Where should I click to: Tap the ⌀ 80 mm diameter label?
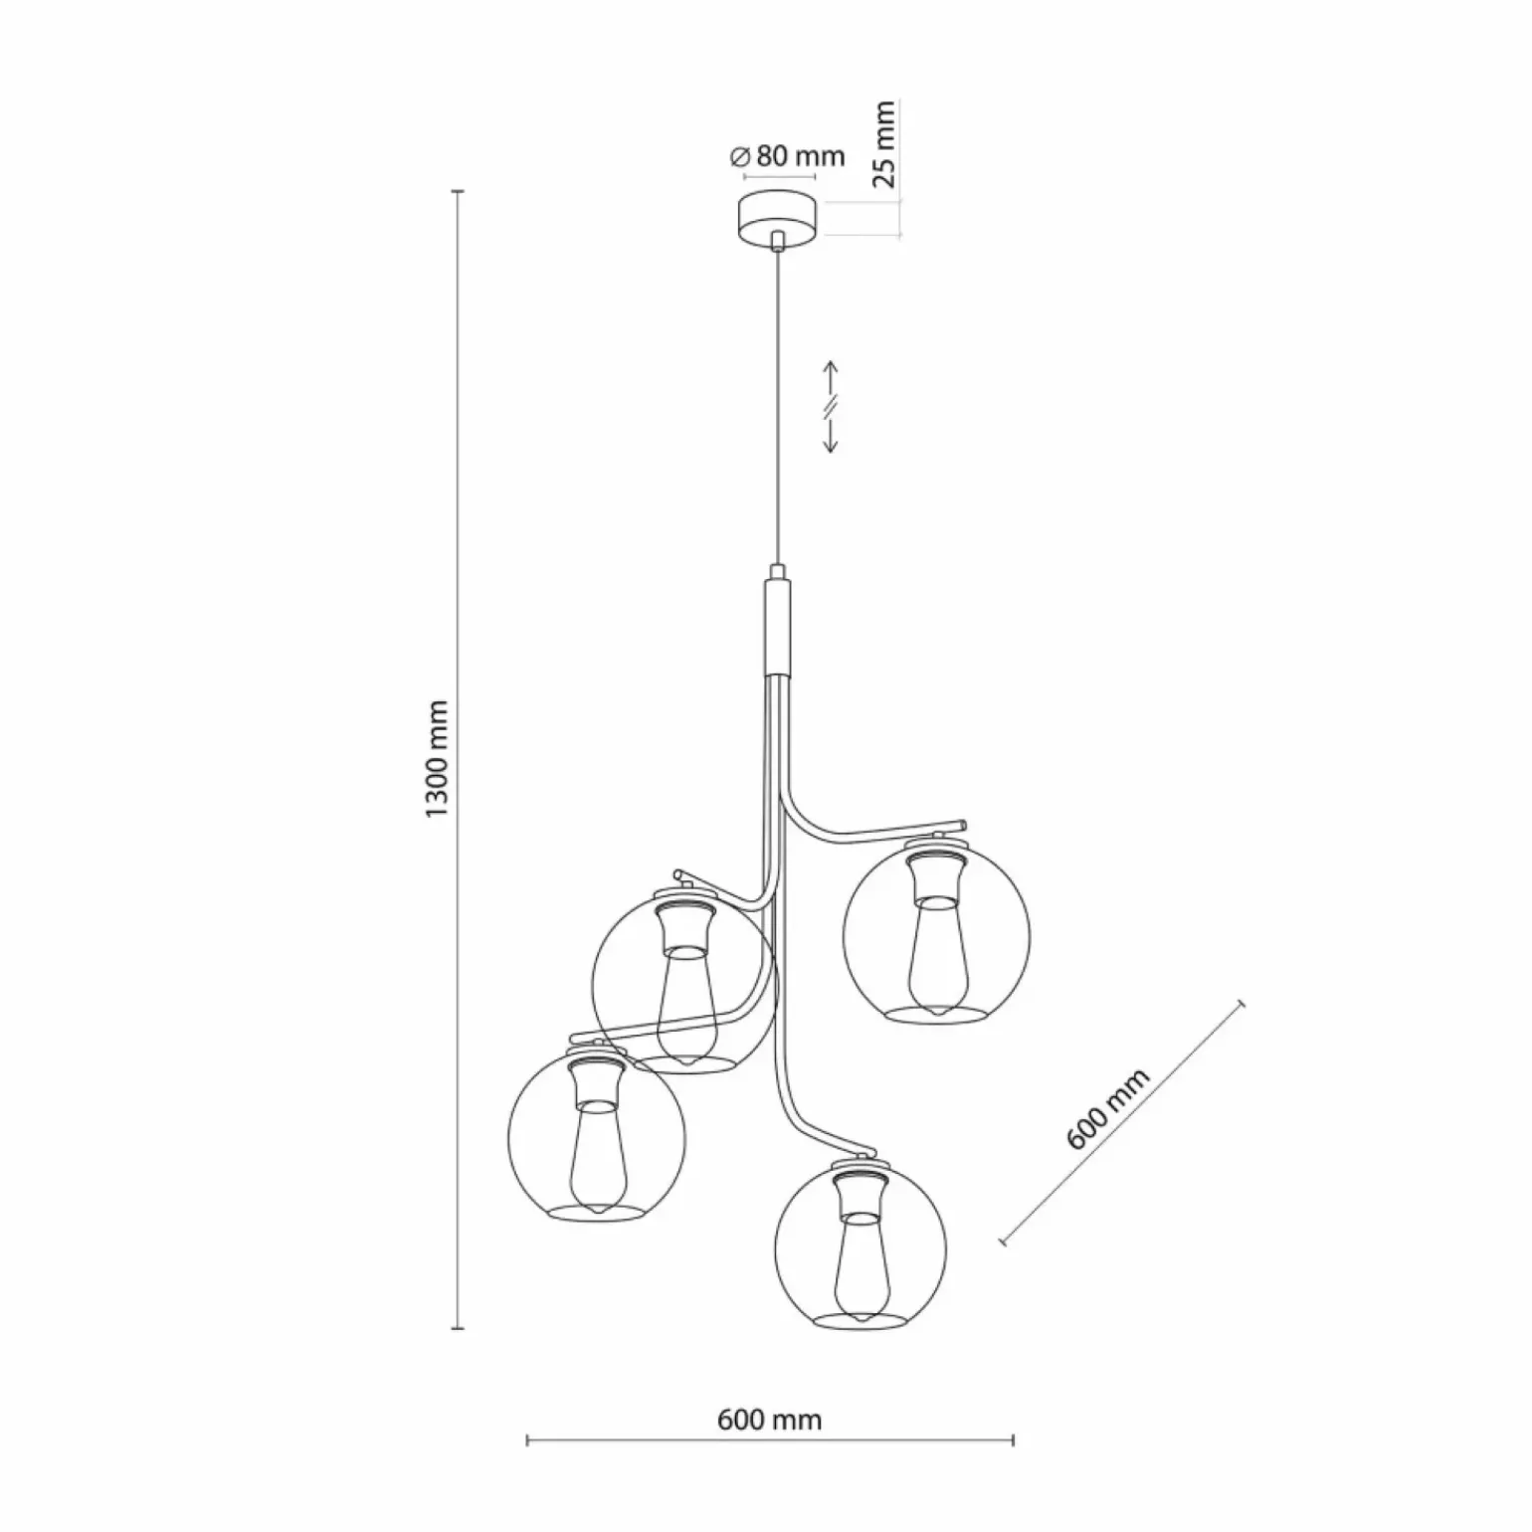click(x=787, y=156)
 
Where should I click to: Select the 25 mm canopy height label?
click(x=884, y=144)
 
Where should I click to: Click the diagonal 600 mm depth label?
click(x=1107, y=1108)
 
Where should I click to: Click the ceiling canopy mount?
click(x=778, y=217)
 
